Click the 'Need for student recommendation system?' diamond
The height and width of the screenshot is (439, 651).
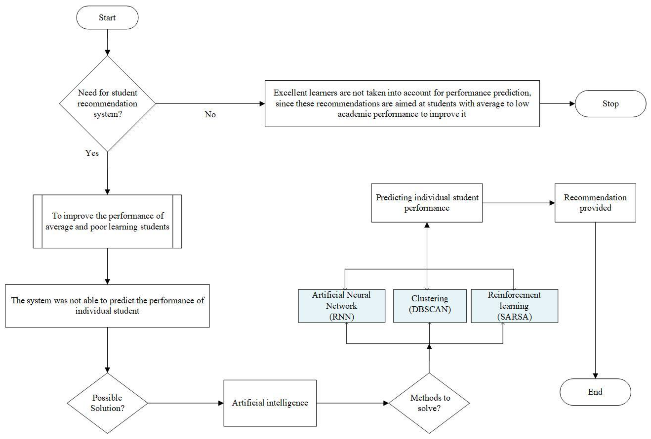(107, 104)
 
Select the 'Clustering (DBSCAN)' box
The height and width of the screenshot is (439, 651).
(430, 306)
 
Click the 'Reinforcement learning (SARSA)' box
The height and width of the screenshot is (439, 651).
(514, 306)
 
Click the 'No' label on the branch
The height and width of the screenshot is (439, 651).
(210, 115)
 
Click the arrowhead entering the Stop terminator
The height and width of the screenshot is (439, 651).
(572, 104)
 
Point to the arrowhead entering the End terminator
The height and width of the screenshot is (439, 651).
(595, 375)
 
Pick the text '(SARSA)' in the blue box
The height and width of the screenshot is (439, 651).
(514, 317)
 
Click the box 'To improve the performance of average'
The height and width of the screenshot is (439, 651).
(107, 221)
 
